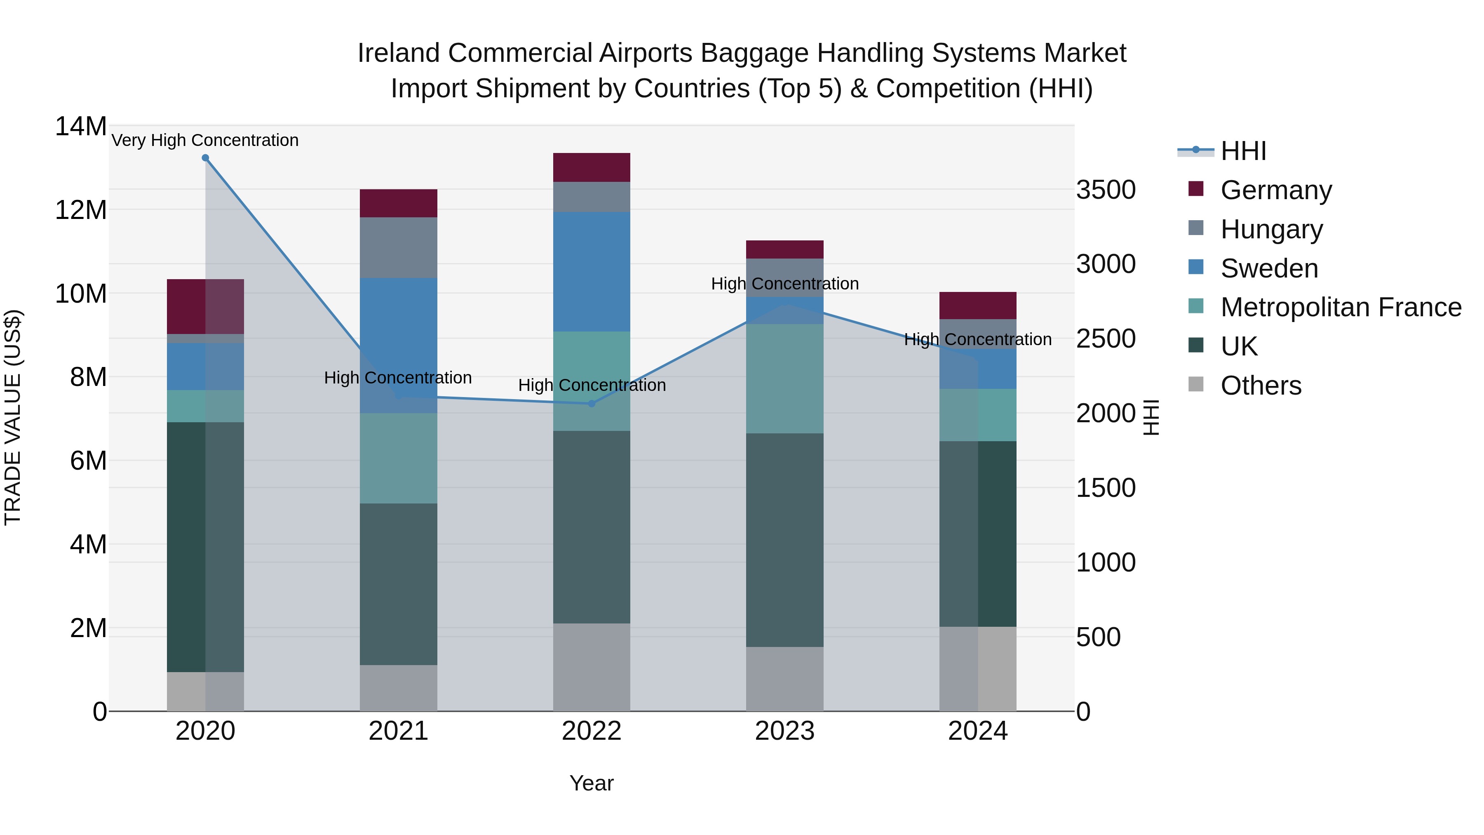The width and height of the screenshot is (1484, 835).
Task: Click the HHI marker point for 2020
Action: click(x=205, y=158)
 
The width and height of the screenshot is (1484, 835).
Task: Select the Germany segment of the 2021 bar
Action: click(x=398, y=203)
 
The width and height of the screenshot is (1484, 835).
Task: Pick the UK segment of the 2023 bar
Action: click(x=784, y=539)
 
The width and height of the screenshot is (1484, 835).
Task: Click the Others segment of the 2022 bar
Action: click(x=591, y=667)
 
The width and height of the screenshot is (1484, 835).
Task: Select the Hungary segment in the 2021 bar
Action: click(x=398, y=247)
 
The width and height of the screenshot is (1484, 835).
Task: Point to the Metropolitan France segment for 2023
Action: click(x=784, y=378)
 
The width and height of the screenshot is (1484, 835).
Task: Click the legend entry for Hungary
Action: click(x=1271, y=229)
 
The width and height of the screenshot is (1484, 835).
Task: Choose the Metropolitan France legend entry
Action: click(x=1340, y=307)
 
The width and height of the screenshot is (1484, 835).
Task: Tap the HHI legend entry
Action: click(x=1242, y=151)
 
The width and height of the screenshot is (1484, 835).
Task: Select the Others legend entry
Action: click(x=1261, y=386)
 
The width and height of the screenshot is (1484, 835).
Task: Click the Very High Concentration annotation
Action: click(x=205, y=140)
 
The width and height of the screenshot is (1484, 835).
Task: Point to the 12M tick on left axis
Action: click(x=81, y=210)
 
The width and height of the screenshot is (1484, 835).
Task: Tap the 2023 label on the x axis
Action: click(x=784, y=731)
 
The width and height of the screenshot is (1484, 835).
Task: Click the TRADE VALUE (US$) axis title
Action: click(x=13, y=417)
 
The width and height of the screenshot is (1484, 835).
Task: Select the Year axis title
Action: click(x=591, y=783)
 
